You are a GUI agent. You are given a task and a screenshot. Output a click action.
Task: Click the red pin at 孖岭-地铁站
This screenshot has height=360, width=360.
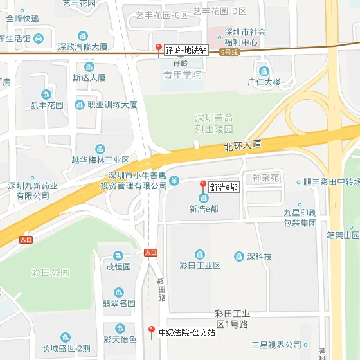[x=159, y=48]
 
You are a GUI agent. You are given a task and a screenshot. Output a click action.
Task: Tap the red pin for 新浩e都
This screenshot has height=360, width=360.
[x=203, y=186]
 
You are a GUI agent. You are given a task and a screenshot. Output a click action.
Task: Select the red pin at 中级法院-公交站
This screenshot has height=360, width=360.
[x=151, y=331]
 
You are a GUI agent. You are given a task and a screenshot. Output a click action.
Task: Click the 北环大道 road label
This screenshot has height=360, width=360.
[x=243, y=146]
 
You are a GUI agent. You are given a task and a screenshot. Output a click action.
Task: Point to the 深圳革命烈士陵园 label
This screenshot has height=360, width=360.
[x=214, y=123]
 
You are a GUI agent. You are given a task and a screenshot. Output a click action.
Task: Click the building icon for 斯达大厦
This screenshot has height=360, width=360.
[x=89, y=67]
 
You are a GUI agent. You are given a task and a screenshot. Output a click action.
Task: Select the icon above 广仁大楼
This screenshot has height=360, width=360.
[x=264, y=71]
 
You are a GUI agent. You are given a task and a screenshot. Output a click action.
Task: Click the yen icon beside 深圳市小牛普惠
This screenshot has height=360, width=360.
[x=174, y=181]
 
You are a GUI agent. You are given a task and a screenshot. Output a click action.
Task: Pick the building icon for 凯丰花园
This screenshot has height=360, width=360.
[x=46, y=94]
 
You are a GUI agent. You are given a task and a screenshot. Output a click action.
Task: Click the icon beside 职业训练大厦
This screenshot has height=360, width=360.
[x=79, y=105]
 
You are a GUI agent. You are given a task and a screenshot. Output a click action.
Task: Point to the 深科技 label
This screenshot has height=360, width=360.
[x=259, y=256]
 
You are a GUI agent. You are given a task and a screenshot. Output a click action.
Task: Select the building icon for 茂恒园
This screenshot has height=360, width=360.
[x=118, y=256]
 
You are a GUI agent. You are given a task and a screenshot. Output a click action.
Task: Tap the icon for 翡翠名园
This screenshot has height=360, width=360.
[x=119, y=293]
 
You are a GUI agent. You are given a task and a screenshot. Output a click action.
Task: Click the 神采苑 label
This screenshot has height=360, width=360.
[x=265, y=177]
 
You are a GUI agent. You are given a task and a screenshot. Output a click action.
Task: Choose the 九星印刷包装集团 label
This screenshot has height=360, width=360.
[x=300, y=217]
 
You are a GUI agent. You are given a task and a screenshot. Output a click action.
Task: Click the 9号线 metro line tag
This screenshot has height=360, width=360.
[x=228, y=52]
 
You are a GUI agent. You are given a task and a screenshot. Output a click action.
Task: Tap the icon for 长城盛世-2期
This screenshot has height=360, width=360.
[x=66, y=338]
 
